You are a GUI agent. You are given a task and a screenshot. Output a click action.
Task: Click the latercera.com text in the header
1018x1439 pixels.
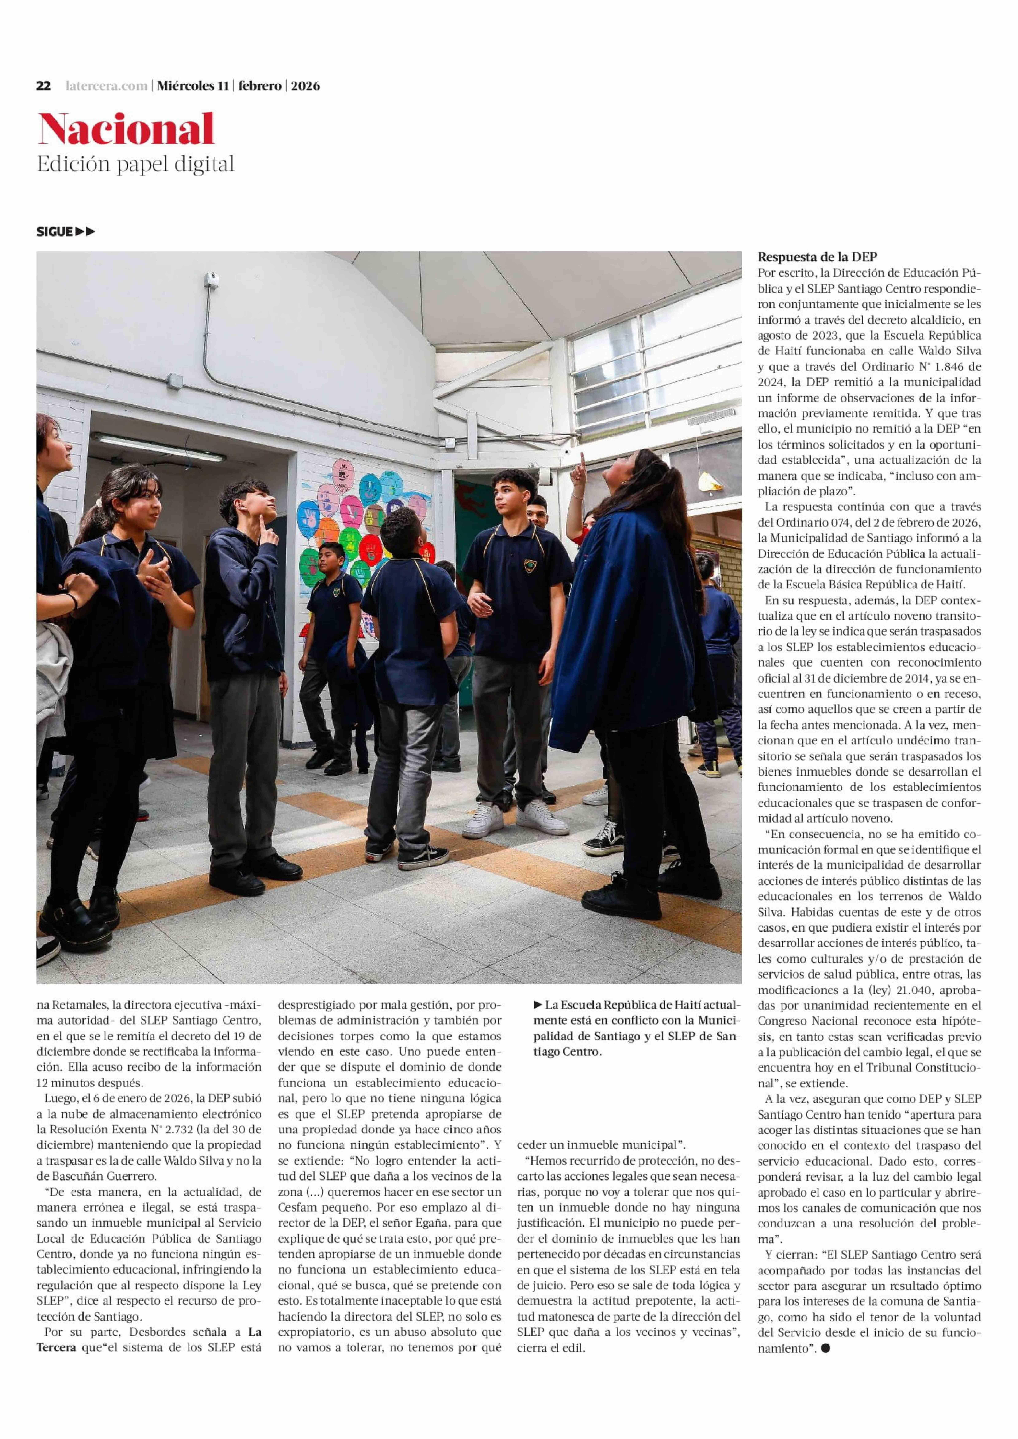[x=107, y=86]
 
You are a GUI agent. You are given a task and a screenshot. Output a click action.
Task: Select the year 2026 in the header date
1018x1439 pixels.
[x=305, y=86]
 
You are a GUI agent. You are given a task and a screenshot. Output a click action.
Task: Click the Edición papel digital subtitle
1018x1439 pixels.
[x=135, y=164]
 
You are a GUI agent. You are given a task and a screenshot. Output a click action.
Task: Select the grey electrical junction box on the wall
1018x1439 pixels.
[x=174, y=381]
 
